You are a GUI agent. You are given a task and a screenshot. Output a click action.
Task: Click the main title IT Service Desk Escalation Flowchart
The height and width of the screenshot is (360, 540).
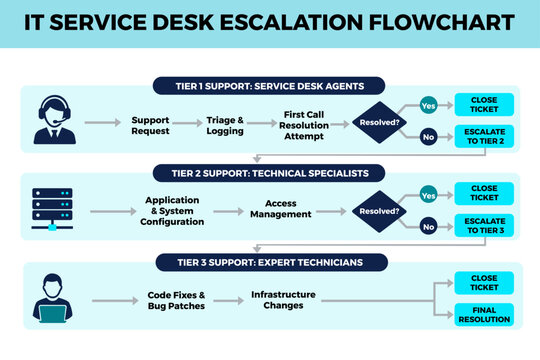tap(270, 22)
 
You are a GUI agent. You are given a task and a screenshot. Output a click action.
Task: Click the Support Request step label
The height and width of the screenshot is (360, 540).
tap(150, 126)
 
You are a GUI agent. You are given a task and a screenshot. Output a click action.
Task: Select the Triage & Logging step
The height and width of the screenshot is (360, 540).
tap(225, 126)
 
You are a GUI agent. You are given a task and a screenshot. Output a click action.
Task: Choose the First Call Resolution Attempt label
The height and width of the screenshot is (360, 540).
tap(305, 126)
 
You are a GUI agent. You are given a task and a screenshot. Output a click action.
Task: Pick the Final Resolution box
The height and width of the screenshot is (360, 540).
tap(484, 315)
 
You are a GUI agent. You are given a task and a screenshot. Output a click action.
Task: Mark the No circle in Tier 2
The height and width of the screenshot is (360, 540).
tap(428, 227)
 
